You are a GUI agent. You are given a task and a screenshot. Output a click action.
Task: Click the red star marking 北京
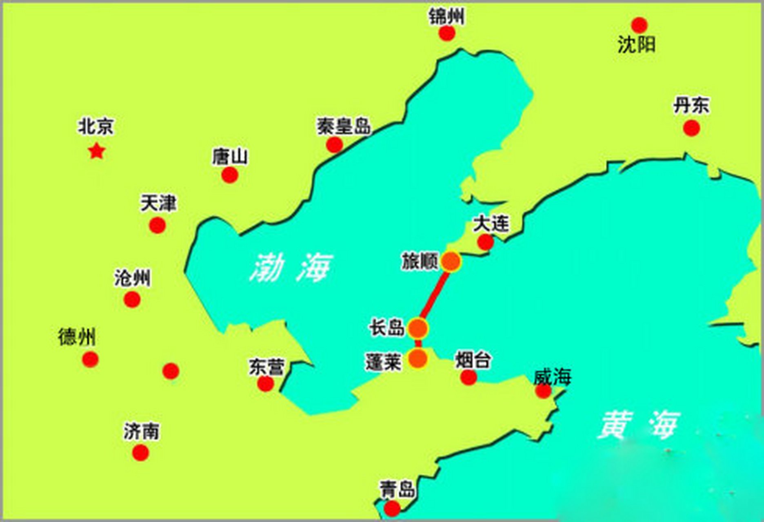coord(97,151)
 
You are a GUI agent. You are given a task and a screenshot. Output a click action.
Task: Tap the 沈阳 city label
coord(636,44)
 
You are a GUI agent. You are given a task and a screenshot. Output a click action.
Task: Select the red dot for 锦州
coord(447,33)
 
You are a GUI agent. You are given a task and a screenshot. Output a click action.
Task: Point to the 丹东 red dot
coord(691,128)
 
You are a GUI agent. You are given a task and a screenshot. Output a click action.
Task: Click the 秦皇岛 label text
coord(344,126)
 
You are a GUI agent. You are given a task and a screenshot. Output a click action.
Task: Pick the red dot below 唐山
coord(230,175)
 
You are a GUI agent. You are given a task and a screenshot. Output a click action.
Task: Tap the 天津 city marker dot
coord(158,225)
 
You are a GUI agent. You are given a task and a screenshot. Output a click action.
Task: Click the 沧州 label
coord(132,278)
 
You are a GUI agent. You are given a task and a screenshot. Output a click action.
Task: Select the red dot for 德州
coord(90,359)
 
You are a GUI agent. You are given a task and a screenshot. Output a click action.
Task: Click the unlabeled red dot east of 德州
coord(171,371)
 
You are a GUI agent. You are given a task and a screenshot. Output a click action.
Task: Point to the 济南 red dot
coord(140,453)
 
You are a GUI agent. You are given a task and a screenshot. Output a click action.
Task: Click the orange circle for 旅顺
coord(451,262)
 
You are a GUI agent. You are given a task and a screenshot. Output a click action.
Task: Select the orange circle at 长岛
coord(418,328)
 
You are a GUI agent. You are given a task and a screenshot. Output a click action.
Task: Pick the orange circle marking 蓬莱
coord(418,358)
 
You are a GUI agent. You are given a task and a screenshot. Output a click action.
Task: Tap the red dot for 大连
coord(486,242)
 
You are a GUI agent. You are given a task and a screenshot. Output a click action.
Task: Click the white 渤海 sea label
coord(291,267)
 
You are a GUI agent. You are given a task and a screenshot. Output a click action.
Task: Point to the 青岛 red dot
coord(392,508)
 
